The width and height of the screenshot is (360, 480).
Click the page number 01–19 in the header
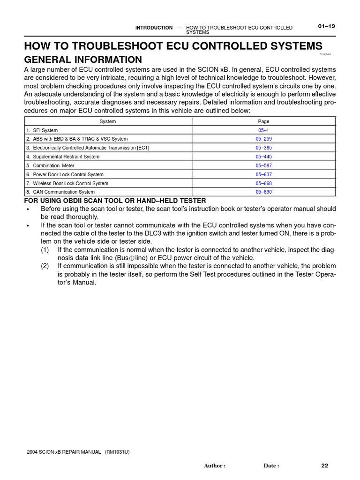coord(326,26)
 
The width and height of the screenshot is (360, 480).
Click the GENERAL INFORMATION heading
coord(83,60)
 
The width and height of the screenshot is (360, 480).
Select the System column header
coord(108,121)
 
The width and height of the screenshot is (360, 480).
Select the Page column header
coord(263,121)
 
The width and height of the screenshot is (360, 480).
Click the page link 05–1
coord(263,130)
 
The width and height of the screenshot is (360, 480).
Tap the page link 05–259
coord(263,139)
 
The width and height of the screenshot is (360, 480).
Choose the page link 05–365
coord(263,148)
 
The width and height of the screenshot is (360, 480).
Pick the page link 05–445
coord(263,157)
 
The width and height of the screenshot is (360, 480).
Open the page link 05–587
coord(263,165)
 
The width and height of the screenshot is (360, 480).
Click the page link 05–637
coord(263,174)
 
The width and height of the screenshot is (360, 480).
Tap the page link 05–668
coord(263,183)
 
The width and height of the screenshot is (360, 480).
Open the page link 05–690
coord(263,192)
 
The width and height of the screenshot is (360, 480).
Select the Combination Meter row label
coord(53,165)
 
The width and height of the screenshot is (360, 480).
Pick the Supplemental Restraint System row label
coord(66,157)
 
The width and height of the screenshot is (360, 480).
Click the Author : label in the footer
coord(215,466)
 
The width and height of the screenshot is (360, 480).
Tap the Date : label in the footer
coord(271,466)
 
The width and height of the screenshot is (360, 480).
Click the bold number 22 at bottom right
coord(325,465)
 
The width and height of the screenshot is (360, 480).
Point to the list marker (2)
coord(45,266)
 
